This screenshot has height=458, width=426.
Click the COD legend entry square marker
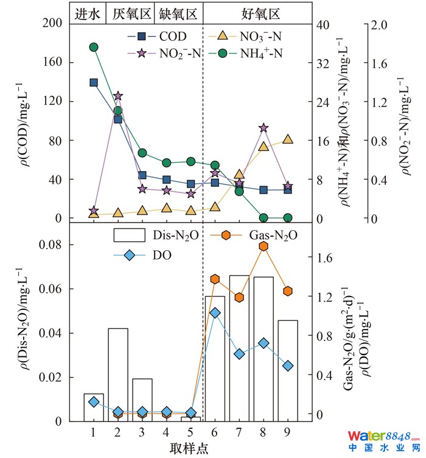(141, 37)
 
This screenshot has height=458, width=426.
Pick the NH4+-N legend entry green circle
(223, 53)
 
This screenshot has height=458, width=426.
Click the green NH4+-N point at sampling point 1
(94, 48)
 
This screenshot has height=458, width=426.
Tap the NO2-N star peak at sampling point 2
(118, 96)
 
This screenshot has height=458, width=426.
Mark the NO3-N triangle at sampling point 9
(288, 139)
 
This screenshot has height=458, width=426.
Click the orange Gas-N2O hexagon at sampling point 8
(264, 246)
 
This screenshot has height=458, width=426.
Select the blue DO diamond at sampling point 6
(215, 313)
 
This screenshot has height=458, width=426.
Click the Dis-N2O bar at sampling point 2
(118, 375)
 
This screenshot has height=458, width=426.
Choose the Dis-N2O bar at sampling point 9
(288, 370)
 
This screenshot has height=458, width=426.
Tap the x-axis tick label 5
(190, 432)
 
